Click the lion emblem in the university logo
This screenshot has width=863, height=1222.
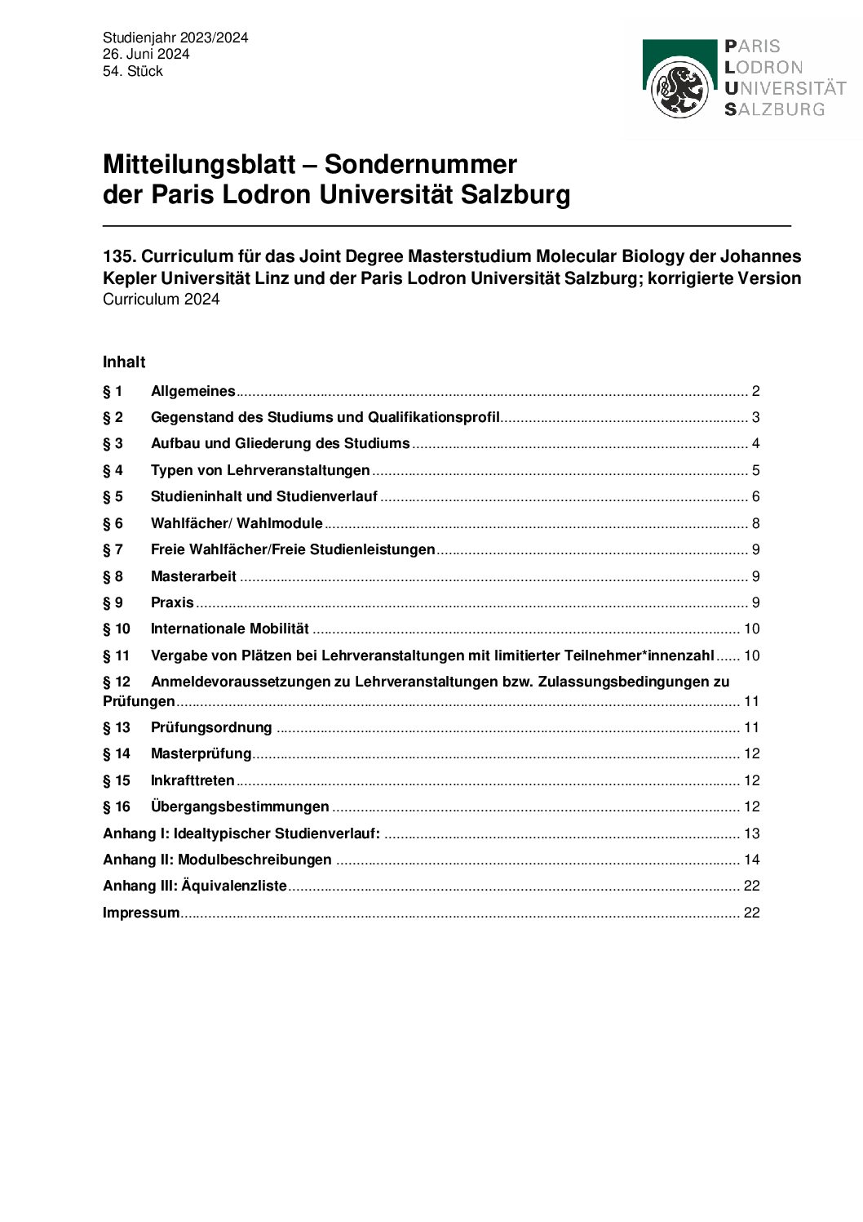(x=679, y=90)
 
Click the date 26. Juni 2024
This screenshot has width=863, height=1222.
(x=146, y=55)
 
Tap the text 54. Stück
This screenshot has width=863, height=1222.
(x=132, y=72)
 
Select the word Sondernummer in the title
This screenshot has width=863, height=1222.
(x=421, y=164)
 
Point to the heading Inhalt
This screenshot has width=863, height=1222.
(x=124, y=362)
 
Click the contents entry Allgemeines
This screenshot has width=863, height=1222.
(x=193, y=391)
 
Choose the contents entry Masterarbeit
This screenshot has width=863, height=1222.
(x=193, y=576)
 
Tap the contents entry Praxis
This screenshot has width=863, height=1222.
(x=172, y=602)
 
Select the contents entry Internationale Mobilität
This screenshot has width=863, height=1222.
(x=229, y=629)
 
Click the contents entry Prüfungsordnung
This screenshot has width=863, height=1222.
(x=211, y=727)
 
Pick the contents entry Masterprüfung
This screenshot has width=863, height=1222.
(x=201, y=753)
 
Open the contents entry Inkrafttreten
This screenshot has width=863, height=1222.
(x=193, y=780)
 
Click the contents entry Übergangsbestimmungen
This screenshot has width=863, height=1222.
(x=240, y=807)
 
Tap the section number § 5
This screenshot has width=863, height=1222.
(x=113, y=497)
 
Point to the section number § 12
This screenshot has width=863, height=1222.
(x=117, y=682)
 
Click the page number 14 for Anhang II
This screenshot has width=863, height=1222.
(x=751, y=860)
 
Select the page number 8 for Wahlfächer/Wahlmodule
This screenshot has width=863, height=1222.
(x=755, y=523)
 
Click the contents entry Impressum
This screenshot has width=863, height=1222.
(x=141, y=913)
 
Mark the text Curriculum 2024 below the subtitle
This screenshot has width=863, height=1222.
(x=161, y=300)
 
